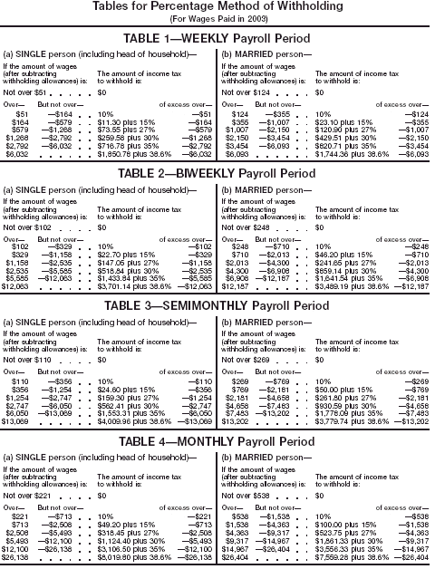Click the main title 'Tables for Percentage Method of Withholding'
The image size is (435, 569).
(218, 7)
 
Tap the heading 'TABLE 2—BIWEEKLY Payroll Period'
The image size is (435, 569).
(218, 172)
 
